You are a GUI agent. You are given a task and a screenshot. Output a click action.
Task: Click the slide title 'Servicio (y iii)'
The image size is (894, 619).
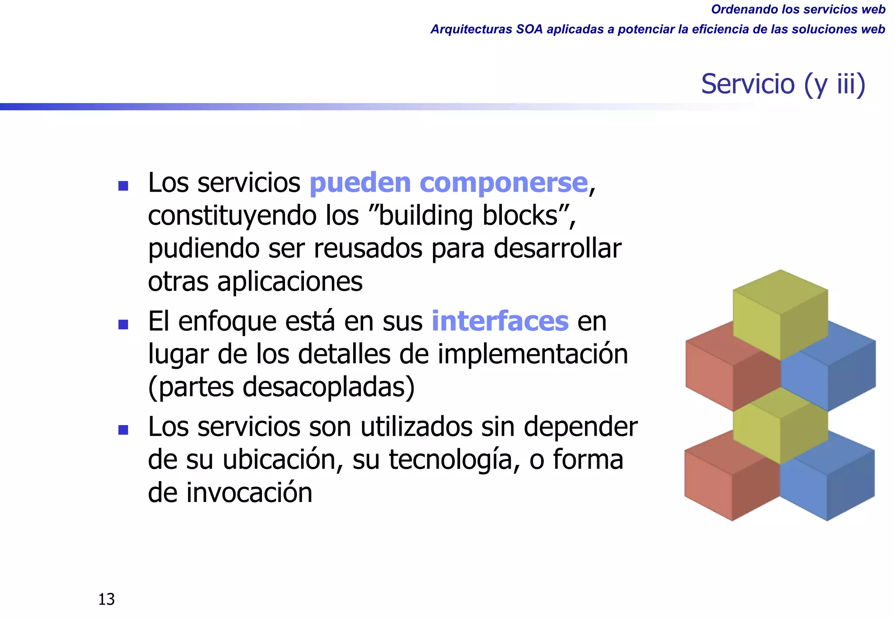tap(783, 84)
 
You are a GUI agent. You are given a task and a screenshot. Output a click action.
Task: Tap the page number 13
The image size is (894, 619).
tap(107, 599)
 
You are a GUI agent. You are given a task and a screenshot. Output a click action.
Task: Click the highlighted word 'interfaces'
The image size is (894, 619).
tap(500, 321)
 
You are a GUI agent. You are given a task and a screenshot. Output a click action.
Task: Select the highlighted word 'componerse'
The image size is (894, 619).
tap(503, 182)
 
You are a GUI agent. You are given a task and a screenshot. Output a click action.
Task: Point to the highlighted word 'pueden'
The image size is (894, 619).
tap(360, 182)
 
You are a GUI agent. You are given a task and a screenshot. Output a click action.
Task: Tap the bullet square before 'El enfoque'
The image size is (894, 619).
tap(123, 324)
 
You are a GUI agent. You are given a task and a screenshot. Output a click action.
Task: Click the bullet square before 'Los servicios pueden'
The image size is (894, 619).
tap(123, 186)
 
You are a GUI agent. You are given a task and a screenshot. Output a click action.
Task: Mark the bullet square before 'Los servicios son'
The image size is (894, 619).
tap(123, 430)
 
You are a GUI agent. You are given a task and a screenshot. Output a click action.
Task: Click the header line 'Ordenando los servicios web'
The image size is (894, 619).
tap(798, 9)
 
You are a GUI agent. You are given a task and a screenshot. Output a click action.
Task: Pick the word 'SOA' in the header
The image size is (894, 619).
tap(529, 29)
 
